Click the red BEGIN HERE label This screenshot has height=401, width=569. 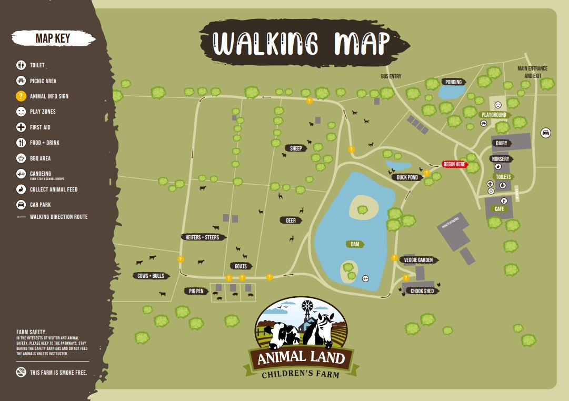click(x=454, y=164)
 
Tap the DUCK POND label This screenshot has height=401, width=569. click(x=407, y=177)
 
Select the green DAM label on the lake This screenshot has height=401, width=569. click(x=355, y=244)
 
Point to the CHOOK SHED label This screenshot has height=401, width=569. click(x=422, y=291)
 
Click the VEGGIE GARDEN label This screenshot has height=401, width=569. click(x=418, y=260)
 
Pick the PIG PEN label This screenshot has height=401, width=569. click(x=196, y=291)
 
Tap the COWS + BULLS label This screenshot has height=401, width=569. click(x=151, y=276)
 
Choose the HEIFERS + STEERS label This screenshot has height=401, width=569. click(x=202, y=237)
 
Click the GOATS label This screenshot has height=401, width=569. click(x=241, y=266)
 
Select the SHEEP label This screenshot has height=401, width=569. click(x=296, y=148)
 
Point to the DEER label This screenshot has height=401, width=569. click(x=291, y=221)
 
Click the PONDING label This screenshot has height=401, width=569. click(x=453, y=82)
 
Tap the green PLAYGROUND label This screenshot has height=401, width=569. click(x=494, y=115)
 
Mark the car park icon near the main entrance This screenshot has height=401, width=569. click(x=546, y=133)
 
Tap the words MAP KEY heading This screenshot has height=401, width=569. click(x=52, y=38)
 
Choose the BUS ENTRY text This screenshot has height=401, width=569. click(x=391, y=76)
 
